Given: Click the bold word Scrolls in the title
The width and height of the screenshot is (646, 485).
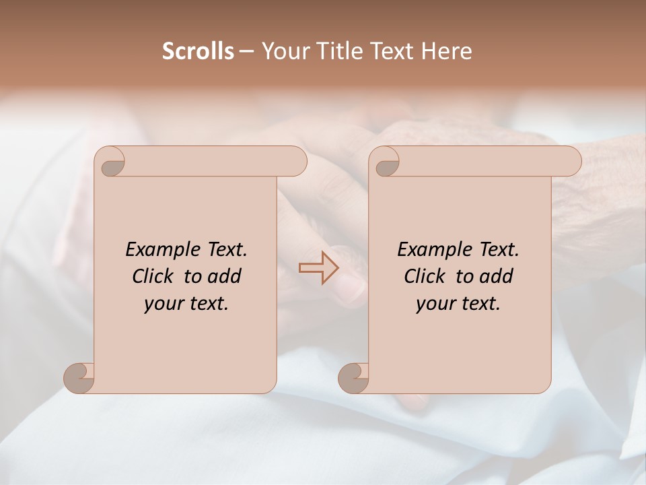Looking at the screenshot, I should (198, 51).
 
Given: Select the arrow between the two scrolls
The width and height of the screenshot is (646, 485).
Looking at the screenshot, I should (319, 268).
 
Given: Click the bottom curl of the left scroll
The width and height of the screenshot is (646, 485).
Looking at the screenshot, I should (79, 377).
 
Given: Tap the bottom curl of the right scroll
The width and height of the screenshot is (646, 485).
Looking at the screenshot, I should (354, 377).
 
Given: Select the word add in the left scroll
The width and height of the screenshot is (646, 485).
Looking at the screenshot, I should (225, 276).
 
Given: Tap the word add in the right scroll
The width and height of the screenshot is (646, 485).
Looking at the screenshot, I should (497, 276).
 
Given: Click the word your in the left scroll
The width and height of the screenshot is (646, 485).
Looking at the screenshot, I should (161, 304).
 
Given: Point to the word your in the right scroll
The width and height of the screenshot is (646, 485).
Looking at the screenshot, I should (433, 304).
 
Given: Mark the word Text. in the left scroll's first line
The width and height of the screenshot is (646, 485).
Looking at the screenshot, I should (225, 250).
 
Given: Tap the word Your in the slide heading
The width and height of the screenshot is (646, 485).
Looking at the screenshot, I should (283, 51).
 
